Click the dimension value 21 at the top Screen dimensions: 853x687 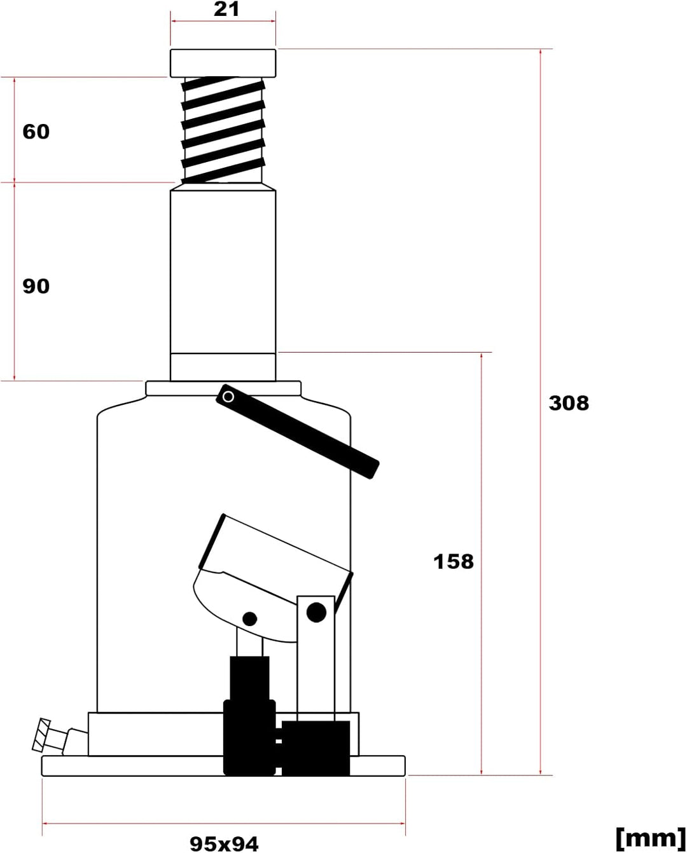(x=226, y=10)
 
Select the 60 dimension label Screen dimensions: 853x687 (x=36, y=132)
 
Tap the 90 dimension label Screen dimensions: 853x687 (x=36, y=286)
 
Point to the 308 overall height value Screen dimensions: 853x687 (x=569, y=403)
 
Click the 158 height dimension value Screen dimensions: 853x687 (x=453, y=561)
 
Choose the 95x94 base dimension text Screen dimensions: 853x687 (x=224, y=843)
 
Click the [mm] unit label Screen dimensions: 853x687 (x=649, y=838)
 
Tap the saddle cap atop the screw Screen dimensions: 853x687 (x=223, y=63)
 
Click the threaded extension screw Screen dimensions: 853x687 (x=223, y=130)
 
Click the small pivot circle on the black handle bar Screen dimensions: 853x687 (x=228, y=397)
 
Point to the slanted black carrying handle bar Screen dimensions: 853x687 (x=299, y=432)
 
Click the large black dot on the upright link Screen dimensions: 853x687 (x=316, y=612)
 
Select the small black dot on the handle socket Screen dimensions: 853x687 (x=250, y=618)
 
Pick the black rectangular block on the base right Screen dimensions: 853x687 (x=316, y=747)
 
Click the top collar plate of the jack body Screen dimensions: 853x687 (x=223, y=388)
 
